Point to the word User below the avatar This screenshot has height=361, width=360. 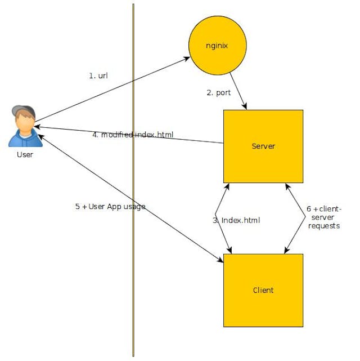click(x=24, y=154)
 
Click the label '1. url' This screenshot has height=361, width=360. click(x=98, y=76)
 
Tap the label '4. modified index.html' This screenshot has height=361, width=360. click(x=133, y=135)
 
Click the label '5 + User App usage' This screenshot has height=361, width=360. click(x=110, y=207)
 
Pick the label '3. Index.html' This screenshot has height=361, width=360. click(x=236, y=220)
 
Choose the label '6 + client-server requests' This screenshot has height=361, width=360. click(x=324, y=217)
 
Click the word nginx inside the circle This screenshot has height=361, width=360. click(x=217, y=46)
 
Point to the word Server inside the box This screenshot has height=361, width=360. click(x=263, y=146)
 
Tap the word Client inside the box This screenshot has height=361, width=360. click(x=263, y=290)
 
